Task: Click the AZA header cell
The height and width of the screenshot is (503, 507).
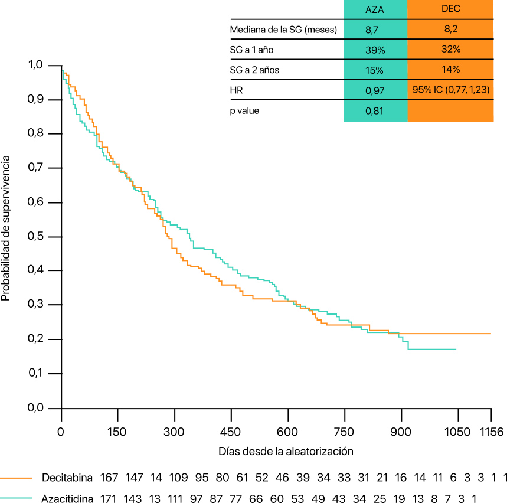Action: [375, 9]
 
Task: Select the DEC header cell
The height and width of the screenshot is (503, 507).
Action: [450, 9]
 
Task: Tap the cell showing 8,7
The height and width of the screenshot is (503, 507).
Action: [375, 30]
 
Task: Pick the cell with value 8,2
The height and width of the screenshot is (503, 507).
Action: [450, 29]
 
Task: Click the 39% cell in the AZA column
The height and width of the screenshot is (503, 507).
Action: [375, 50]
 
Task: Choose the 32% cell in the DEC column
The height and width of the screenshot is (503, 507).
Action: [450, 49]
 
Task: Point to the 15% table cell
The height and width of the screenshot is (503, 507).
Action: [375, 70]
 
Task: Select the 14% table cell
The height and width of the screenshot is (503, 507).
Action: [450, 69]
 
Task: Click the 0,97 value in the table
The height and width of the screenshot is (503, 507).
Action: [375, 90]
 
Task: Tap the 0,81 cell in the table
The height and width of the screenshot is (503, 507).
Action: [375, 111]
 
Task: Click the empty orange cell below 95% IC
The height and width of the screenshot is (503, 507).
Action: [450, 111]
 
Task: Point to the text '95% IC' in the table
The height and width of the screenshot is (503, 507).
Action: [426, 90]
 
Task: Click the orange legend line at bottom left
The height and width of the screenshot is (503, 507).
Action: [16, 478]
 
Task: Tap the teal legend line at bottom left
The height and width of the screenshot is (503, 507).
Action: [16, 498]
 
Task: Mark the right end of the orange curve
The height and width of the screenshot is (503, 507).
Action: [490, 334]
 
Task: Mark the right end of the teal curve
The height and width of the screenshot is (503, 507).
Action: [456, 349]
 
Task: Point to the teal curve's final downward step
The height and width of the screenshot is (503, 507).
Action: [408, 345]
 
